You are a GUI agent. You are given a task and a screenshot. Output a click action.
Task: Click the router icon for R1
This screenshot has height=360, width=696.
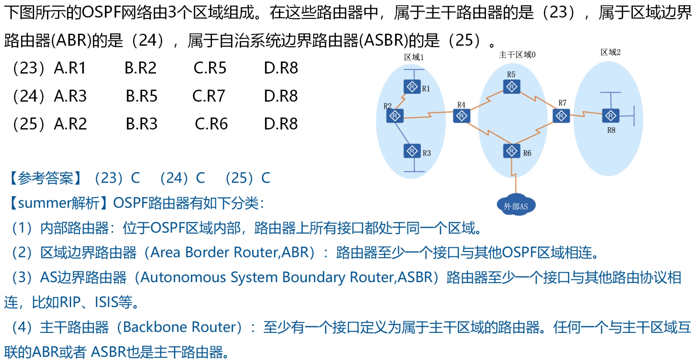[x=412, y=87]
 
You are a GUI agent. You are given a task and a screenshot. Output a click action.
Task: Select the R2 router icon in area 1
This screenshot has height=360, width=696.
[x=395, y=116]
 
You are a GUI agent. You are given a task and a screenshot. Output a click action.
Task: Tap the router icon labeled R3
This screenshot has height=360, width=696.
[x=412, y=151]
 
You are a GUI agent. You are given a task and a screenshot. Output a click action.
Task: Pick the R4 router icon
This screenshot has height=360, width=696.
[x=461, y=116]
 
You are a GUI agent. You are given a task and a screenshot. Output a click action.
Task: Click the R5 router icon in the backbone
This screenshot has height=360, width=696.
[x=511, y=87]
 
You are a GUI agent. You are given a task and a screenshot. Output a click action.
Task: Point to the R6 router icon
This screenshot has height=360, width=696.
[x=511, y=151]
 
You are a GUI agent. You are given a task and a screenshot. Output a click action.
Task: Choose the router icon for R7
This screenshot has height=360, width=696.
[x=561, y=116]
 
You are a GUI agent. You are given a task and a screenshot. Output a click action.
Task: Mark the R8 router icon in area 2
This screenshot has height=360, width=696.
[x=610, y=116]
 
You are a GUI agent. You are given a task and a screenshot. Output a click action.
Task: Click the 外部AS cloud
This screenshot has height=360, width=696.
[x=516, y=205]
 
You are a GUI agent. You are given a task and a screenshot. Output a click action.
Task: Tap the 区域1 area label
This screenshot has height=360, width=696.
[x=414, y=57]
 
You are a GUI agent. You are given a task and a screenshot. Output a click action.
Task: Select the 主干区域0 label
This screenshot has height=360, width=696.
[x=517, y=55]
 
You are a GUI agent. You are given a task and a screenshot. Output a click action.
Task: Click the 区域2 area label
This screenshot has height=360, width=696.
[x=610, y=52]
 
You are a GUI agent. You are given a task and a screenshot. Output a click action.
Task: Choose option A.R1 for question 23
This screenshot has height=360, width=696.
[x=70, y=68]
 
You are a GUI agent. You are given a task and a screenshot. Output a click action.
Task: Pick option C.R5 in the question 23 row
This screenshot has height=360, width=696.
[x=210, y=68]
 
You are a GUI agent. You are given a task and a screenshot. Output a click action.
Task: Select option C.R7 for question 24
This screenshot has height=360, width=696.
[x=209, y=96]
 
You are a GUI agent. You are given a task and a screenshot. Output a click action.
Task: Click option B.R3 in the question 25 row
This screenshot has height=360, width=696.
[x=141, y=124]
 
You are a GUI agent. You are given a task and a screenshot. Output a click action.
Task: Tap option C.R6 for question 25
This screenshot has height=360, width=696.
[x=211, y=124]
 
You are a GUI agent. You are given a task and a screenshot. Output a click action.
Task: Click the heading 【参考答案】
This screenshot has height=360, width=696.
[x=46, y=178]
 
